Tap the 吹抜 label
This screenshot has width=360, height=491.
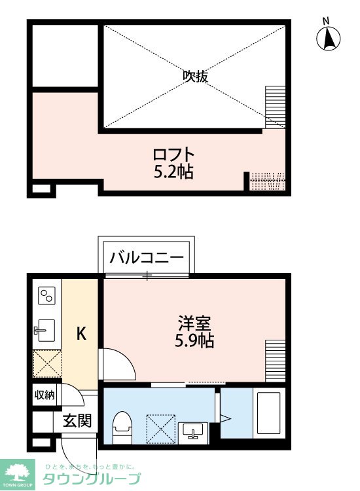click(195, 77)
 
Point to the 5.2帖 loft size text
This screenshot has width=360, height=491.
click(173, 173)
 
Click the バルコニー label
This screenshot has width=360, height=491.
click(147, 257)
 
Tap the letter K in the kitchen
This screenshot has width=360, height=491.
click(81, 334)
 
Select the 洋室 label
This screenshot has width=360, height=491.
click(194, 323)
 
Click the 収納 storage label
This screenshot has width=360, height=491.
click(45, 395)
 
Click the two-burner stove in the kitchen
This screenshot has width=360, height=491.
click(46, 297)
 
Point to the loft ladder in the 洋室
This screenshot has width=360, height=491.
click(276, 360)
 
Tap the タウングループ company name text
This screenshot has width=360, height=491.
click(92, 479)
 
